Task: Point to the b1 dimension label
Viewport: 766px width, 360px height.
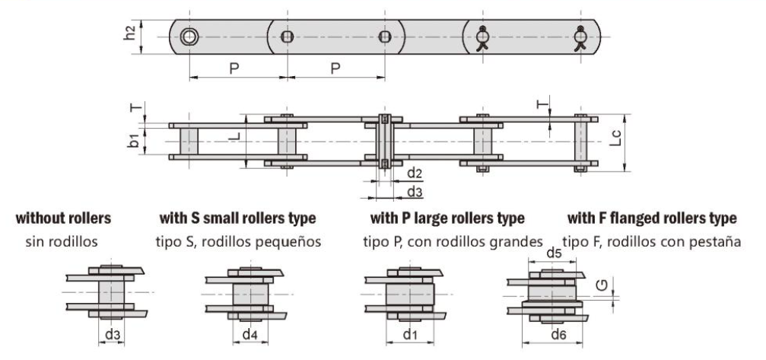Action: point(133,140)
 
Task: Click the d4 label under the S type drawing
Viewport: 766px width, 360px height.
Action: point(250,333)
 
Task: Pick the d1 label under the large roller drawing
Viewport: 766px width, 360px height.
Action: point(411,333)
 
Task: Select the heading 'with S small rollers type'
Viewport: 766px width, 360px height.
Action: point(237,218)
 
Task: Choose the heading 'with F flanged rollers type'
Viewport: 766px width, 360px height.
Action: point(652,218)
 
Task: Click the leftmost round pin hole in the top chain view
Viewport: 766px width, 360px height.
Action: point(189,37)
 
